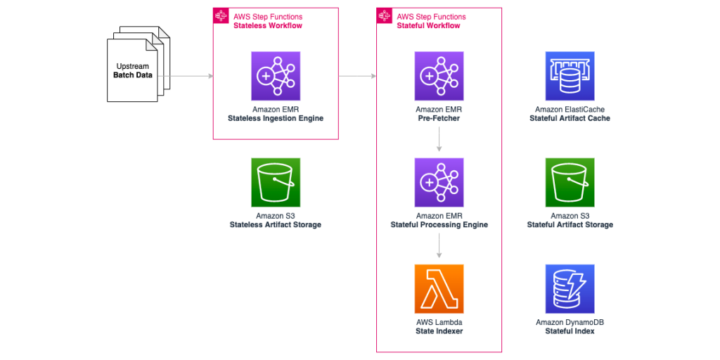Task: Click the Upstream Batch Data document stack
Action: [x=138, y=64]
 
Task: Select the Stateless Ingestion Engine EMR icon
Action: [x=276, y=76]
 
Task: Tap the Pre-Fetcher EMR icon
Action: [x=439, y=76]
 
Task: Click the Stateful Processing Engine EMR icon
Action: [x=439, y=182]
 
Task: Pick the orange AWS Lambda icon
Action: [x=439, y=289]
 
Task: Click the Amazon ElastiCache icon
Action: [x=570, y=76]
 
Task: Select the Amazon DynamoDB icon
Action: [x=570, y=289]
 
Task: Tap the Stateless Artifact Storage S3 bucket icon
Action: [x=276, y=182]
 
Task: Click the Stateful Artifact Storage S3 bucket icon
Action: [x=570, y=182]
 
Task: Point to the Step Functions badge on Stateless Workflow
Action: [x=221, y=16]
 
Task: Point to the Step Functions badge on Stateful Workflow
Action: [x=385, y=16]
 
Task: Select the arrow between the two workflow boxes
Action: [x=357, y=76]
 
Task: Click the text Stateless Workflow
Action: [x=267, y=26]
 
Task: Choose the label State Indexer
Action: [x=439, y=331]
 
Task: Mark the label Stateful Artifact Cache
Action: [x=570, y=119]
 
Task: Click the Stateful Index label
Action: [x=570, y=331]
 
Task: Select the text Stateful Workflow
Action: [x=428, y=26]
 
